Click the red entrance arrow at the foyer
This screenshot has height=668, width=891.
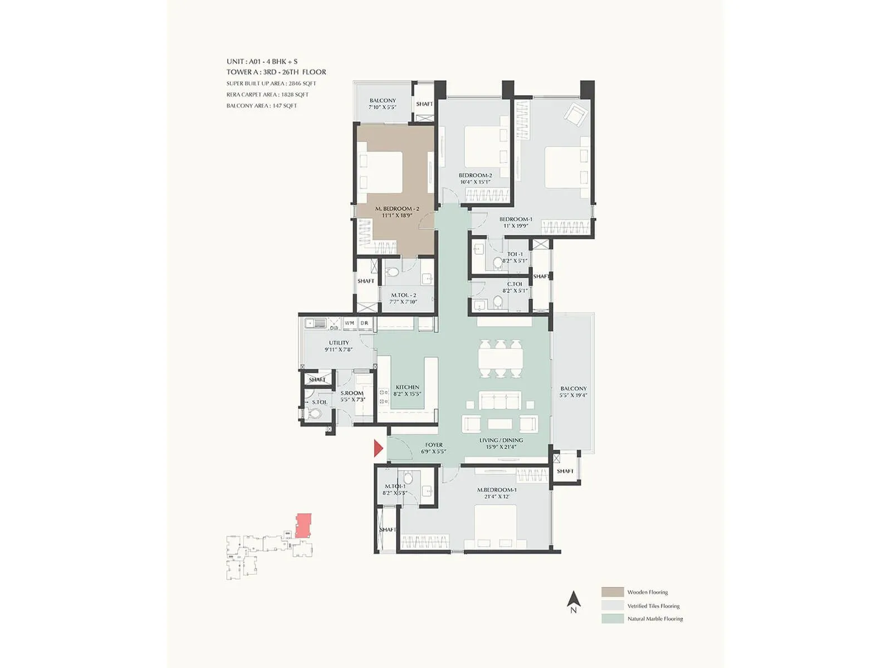click(x=379, y=448)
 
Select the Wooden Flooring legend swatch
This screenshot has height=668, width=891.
click(x=612, y=592)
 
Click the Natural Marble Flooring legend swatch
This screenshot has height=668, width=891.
click(x=612, y=618)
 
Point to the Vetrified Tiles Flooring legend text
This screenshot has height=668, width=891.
click(x=653, y=606)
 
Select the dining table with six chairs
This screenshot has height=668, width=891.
click(x=500, y=359)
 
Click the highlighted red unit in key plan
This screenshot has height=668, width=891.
click(x=303, y=525)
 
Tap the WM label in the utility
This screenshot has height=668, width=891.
click(x=349, y=323)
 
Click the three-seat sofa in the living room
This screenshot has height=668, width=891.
click(x=500, y=401)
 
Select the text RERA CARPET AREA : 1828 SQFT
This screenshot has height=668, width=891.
click(x=267, y=95)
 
